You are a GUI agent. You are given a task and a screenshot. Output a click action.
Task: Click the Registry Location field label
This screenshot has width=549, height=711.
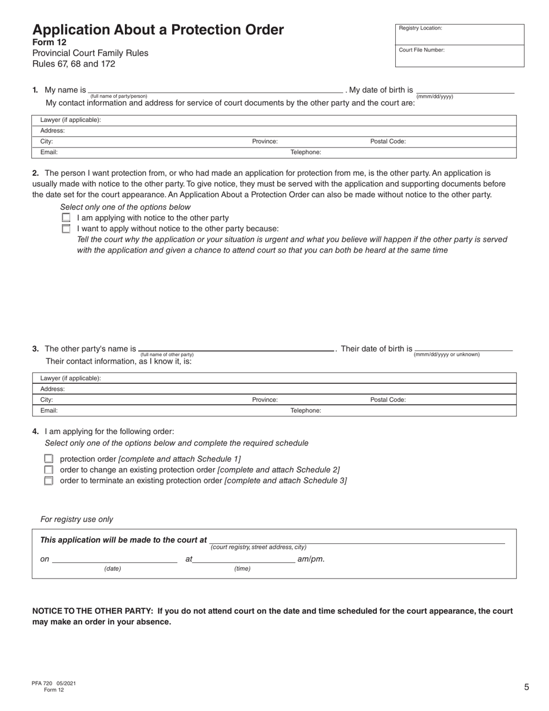tap(420, 28)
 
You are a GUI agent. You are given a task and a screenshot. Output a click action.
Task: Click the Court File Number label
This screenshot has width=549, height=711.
tap(421, 50)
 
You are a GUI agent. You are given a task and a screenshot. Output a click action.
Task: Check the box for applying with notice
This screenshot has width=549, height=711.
tap(66, 218)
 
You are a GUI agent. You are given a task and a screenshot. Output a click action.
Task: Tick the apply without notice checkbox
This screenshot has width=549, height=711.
tap(66, 229)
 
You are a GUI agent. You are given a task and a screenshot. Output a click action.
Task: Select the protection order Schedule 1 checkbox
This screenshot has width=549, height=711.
tap(49, 459)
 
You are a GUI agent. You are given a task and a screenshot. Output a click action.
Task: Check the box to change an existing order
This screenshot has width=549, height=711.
tap(49, 470)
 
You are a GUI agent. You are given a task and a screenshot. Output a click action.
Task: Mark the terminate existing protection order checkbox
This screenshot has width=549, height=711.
tap(49, 480)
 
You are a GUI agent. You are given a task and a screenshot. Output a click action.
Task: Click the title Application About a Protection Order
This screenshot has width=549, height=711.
tap(158, 30)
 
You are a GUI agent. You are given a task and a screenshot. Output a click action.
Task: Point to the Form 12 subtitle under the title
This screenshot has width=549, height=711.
tap(49, 42)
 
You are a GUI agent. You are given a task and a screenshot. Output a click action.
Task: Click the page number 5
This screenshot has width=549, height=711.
tap(526, 687)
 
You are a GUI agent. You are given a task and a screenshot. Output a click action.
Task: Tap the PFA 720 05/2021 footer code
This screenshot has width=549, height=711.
tap(54, 683)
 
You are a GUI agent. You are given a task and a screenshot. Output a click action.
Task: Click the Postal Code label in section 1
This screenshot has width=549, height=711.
tap(388, 142)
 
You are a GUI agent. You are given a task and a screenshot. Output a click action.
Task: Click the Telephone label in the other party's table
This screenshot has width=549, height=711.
tap(305, 410)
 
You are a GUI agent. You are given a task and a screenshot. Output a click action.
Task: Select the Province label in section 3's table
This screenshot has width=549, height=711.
tap(265, 399)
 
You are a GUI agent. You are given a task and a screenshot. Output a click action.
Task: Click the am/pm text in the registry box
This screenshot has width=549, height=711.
tap(311, 559)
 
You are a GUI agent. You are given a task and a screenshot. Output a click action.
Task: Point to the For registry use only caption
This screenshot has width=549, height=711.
tap(77, 520)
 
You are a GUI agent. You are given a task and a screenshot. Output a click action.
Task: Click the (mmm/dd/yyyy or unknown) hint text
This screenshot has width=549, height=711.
tap(447, 354)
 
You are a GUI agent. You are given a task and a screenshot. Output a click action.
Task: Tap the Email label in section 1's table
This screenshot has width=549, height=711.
tap(49, 153)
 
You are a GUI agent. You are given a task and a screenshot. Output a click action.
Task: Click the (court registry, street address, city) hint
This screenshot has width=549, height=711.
tap(258, 547)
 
